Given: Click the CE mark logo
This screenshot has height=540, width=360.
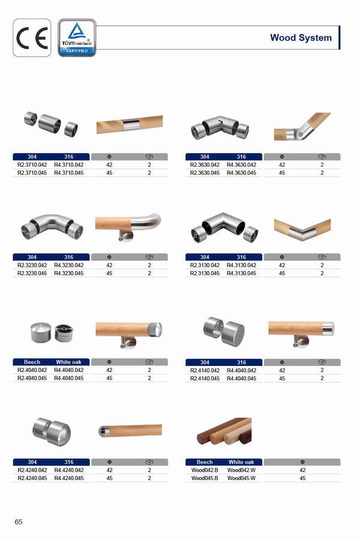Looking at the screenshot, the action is point(32,38).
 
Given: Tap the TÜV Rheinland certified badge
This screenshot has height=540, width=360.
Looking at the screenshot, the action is point(77,38).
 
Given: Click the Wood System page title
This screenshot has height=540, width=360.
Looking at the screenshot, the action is point(301,38).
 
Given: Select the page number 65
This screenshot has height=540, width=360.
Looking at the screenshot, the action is point(19,522).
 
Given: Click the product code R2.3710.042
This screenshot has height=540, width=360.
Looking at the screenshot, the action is point(32,164).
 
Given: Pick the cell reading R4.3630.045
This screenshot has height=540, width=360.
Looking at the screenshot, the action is point(241,173).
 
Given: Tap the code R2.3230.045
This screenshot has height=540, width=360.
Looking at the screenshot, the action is point(32,273).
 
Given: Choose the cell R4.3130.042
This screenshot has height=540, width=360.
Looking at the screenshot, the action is point(241,265).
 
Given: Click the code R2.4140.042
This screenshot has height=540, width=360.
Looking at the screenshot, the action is point(205,370).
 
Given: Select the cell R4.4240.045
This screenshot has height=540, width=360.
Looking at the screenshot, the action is point(69,478).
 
